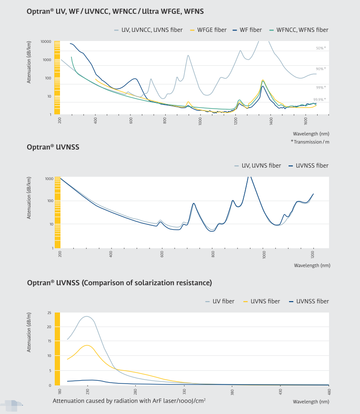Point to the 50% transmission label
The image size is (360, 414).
pyautogui.click(x=320, y=48)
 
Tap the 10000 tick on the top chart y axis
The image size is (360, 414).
pyautogui.click(x=46, y=41)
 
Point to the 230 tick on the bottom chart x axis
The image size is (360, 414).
pyautogui.click(x=88, y=392)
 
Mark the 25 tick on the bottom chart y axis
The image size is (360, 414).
pyautogui.click(x=49, y=313)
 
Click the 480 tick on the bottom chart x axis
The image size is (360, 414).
pyautogui.click(x=329, y=392)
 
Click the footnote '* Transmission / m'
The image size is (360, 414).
pyautogui.click(x=310, y=142)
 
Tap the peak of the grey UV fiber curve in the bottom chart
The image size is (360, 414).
pyautogui.click(x=87, y=316)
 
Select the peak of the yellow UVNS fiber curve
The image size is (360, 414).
pyautogui.click(x=87, y=345)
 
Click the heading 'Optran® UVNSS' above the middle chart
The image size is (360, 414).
pyautogui.click(x=53, y=147)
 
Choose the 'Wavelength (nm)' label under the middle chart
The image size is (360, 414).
pyautogui.click(x=312, y=265)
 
